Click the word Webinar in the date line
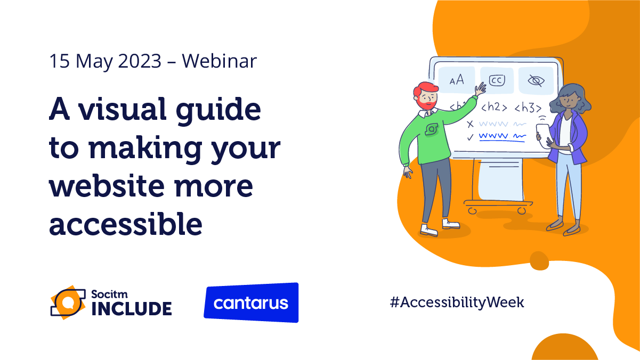pos(219,62)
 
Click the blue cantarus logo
pos(251,303)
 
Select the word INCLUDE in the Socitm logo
pos(132,308)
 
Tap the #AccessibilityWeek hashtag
pos(457,302)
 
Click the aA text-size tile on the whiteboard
pos(457,80)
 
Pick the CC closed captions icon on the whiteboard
pos(497,80)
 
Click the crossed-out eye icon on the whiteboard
pos(536,80)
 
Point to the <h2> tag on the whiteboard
pos(493,107)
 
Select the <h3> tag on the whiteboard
pos(528,108)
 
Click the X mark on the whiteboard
pos(470,124)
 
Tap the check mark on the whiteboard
pos(470,137)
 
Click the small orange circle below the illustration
pos(539,260)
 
